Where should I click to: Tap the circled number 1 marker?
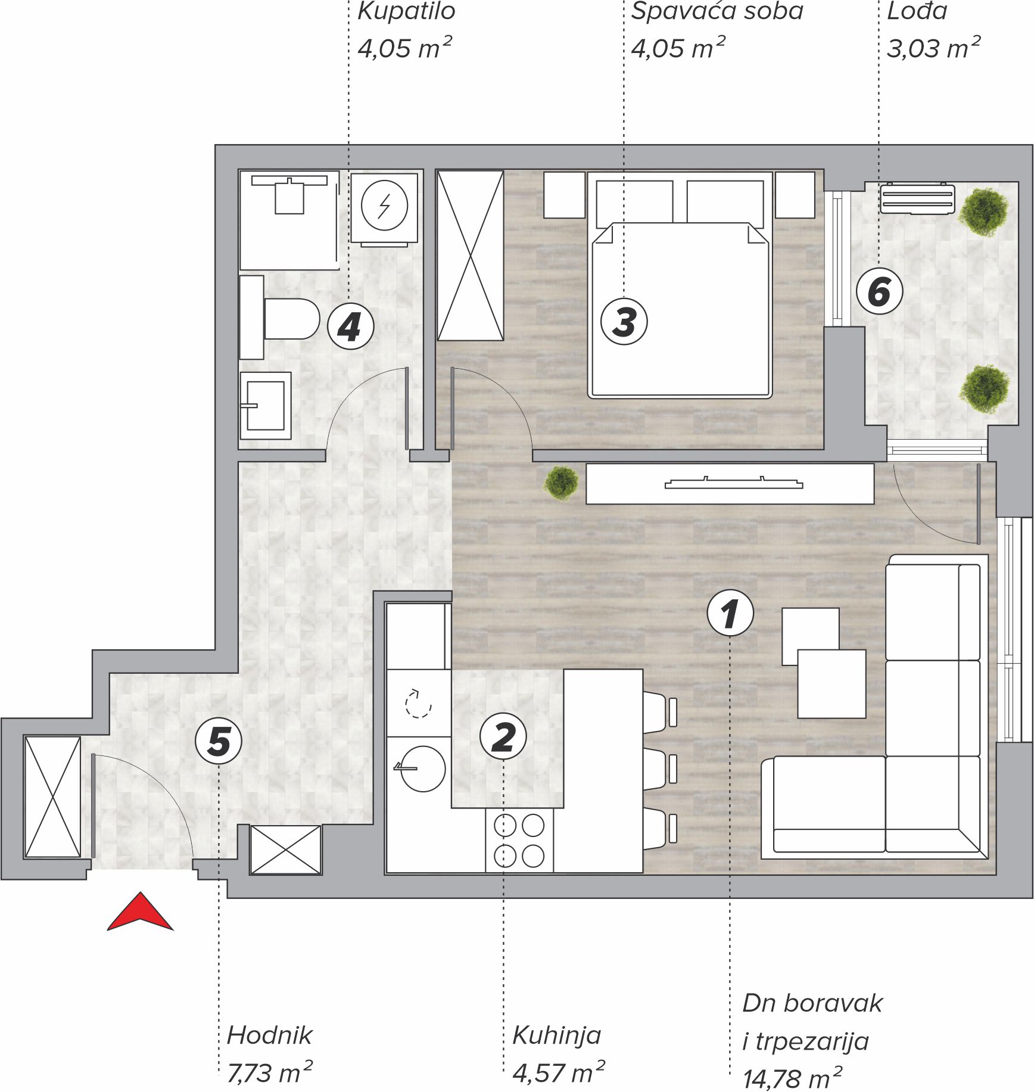[730, 613]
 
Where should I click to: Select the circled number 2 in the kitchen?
[503, 736]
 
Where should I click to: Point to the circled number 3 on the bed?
[624, 322]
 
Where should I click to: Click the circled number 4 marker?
[351, 326]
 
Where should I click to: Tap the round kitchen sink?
[422, 769]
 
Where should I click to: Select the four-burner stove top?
[519, 841]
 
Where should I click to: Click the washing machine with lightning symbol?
[384, 208]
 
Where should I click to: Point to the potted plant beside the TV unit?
[560, 482]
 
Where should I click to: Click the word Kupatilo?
[406, 11]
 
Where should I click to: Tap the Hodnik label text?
[269, 1035]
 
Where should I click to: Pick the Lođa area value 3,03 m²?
[933, 48]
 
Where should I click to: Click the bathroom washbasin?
[266, 406]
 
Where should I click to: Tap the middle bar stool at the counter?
[660, 769]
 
